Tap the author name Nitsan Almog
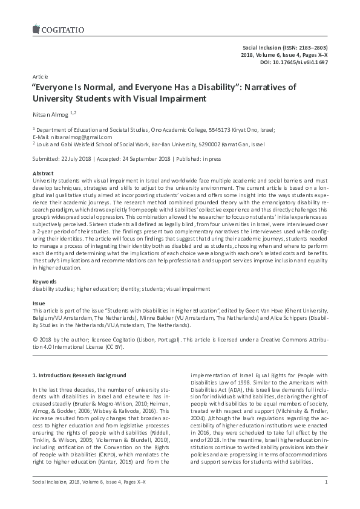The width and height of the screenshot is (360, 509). [50, 113]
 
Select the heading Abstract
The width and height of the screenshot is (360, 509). [43, 173]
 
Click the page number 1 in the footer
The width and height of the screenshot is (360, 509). [326, 499]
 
